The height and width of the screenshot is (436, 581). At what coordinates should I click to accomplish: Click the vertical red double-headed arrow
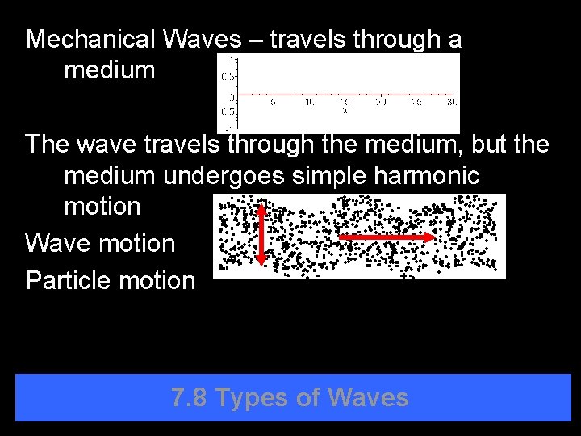coord(261,234)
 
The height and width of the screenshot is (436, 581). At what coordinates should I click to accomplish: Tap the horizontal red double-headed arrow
coord(385,237)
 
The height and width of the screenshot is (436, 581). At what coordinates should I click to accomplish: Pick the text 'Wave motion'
coord(100,243)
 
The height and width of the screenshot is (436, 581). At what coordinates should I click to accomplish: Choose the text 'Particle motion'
coord(111,280)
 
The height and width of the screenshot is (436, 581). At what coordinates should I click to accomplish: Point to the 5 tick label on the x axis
coord(273,103)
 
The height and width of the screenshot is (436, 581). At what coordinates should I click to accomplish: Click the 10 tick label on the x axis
coord(309,103)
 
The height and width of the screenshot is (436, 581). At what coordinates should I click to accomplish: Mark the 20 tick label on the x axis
coord(381,103)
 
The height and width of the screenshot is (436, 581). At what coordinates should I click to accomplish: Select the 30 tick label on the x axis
coord(452,103)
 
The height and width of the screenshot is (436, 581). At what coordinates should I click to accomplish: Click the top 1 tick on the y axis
coord(233,59)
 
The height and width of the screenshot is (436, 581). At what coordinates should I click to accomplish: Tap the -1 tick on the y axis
coord(232,128)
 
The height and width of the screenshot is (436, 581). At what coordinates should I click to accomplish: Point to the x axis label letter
coord(345,111)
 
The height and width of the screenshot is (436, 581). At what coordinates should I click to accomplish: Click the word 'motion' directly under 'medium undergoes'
coord(102,206)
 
